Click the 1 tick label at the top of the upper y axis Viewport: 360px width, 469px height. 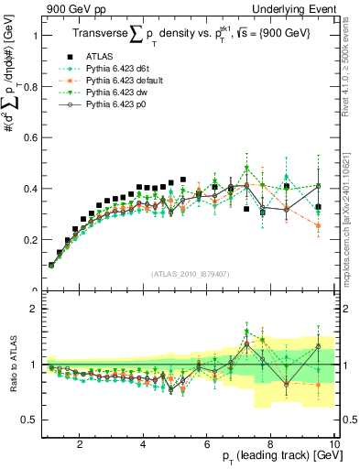[34, 35]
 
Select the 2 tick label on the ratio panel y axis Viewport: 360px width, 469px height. [34, 310]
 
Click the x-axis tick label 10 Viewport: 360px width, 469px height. [334, 444]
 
